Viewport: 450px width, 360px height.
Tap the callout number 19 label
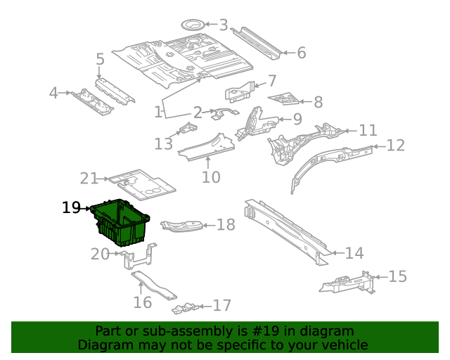click(x=71, y=207)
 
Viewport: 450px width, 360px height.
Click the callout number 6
click(x=301, y=53)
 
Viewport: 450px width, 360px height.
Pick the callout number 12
click(x=396, y=146)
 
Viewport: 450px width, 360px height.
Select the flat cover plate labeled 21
click(x=143, y=182)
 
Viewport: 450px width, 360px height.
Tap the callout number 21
click(x=89, y=179)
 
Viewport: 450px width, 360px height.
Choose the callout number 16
click(x=143, y=302)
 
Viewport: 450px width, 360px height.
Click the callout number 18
click(x=225, y=225)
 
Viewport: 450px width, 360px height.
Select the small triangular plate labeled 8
click(x=285, y=98)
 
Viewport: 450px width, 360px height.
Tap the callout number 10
click(x=211, y=176)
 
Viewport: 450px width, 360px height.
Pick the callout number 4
click(x=53, y=93)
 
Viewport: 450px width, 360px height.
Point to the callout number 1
click(x=159, y=112)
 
